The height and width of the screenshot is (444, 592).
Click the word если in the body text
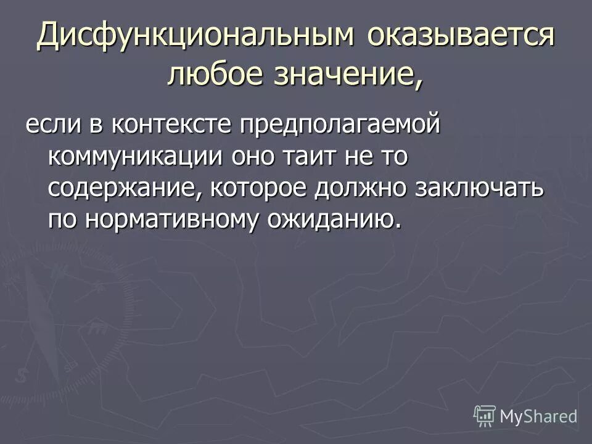(x=51, y=125)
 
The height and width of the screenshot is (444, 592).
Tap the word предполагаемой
(x=340, y=126)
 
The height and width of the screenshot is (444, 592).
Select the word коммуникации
(x=135, y=157)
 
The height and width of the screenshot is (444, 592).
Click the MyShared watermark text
(x=538, y=416)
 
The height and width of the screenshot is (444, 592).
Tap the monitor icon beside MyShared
(x=485, y=416)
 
